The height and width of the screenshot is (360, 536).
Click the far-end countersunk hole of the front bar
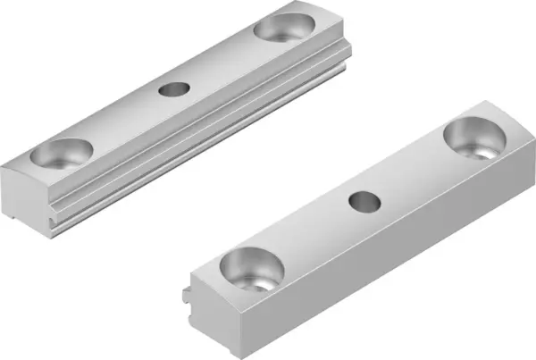(473, 139)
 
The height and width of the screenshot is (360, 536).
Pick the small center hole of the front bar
(363, 202)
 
